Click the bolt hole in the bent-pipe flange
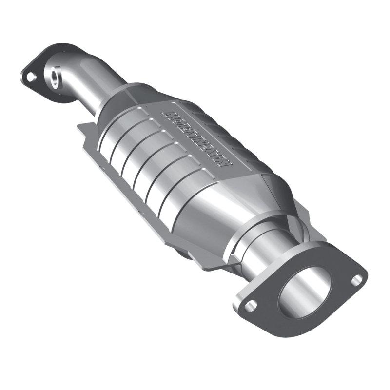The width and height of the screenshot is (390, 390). point(30,77)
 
